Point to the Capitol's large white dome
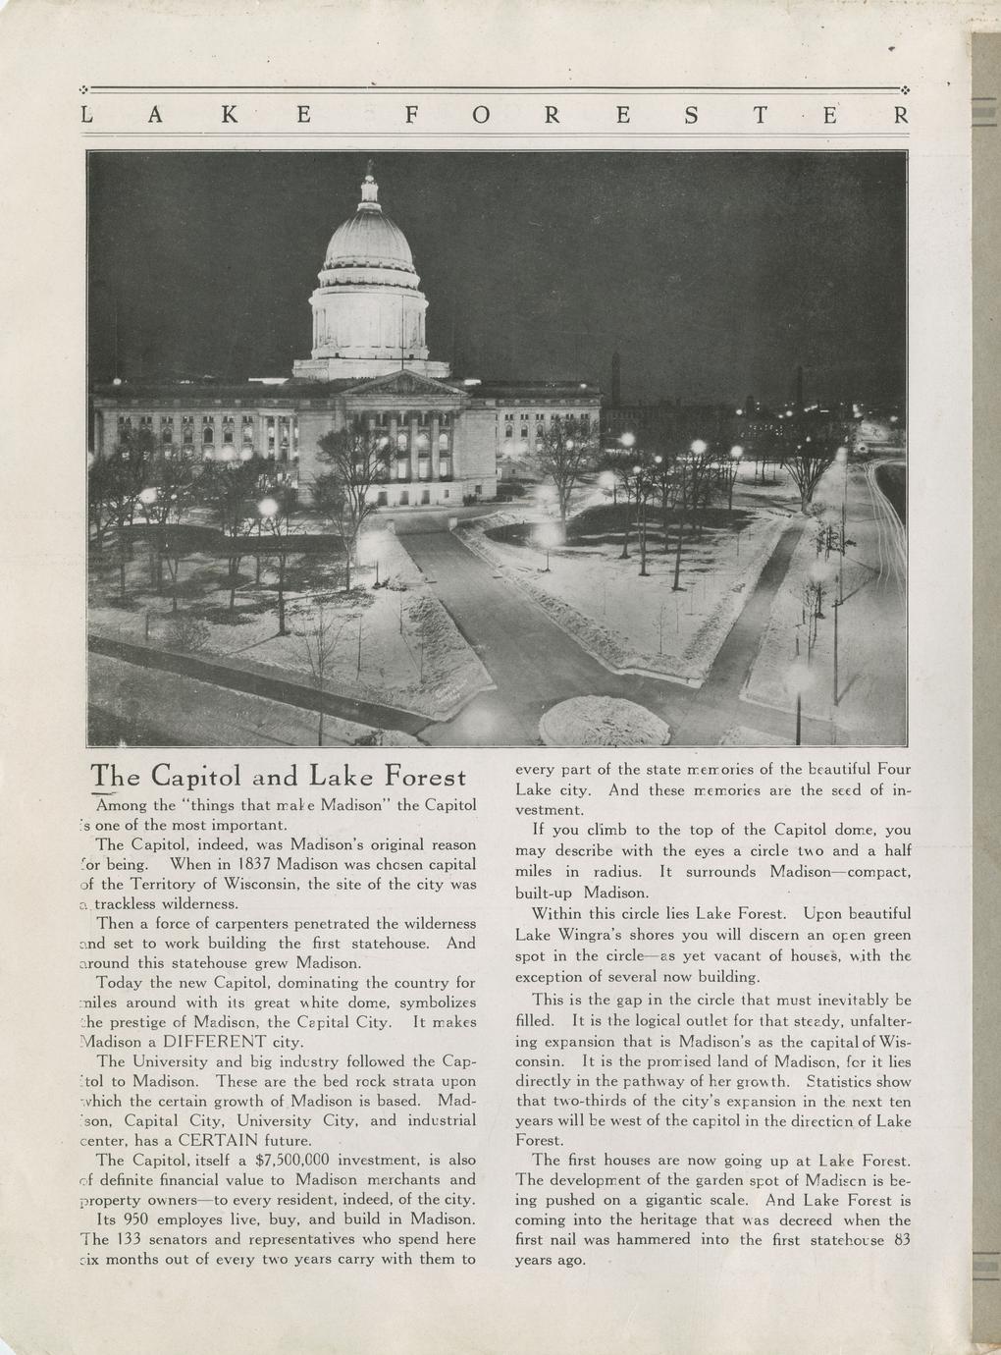369,245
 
